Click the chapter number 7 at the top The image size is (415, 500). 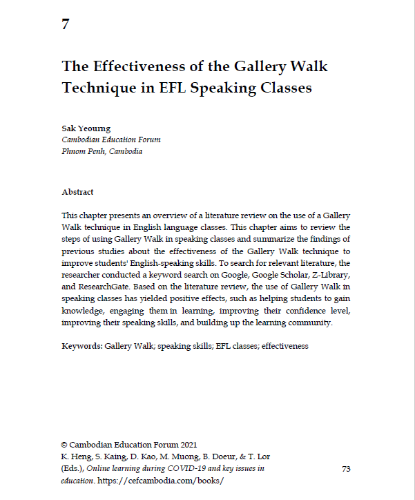pos(66,25)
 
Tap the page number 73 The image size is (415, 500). pos(347,469)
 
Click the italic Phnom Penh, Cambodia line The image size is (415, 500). pos(102,151)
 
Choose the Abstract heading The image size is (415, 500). pos(77,192)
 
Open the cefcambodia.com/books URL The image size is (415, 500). pos(163,480)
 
